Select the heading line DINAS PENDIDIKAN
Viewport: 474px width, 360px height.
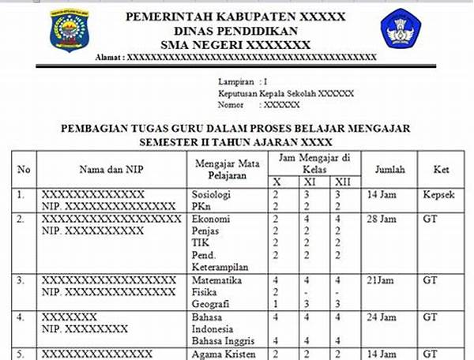[x=241, y=30]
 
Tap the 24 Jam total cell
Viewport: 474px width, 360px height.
[x=382, y=317]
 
